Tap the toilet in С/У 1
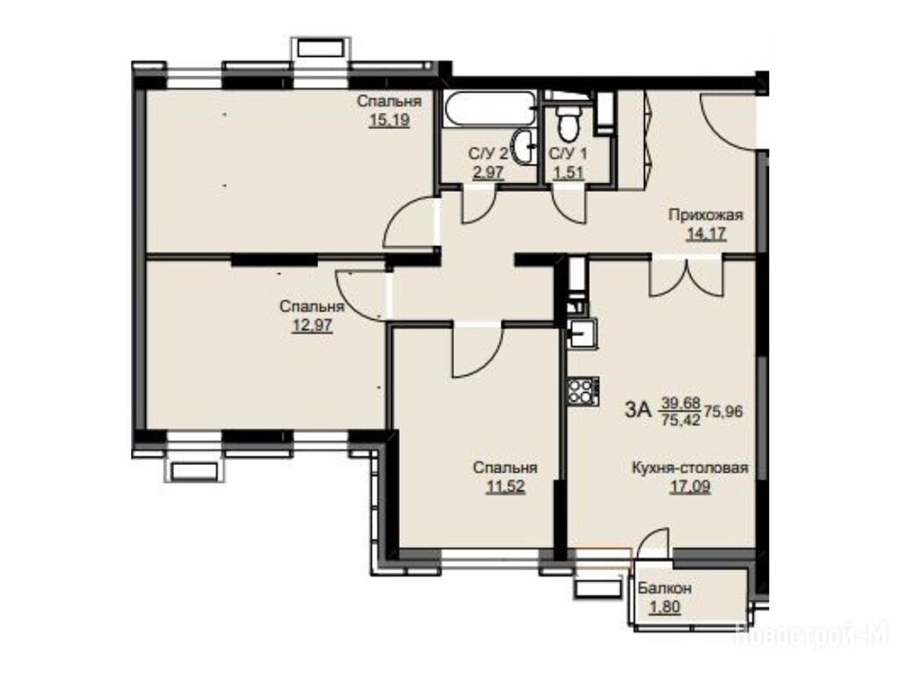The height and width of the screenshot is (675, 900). tap(569, 122)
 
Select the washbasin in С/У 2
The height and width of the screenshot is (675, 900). tap(525, 147)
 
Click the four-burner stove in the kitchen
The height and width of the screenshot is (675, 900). tap(584, 391)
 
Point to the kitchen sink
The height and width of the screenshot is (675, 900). tap(584, 333)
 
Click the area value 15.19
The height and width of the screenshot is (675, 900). tap(389, 120)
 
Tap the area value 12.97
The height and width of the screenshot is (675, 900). tap(312, 326)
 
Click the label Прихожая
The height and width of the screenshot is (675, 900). tap(706, 215)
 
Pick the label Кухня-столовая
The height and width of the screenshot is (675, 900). tap(690, 468)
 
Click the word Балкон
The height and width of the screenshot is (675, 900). tap(664, 588)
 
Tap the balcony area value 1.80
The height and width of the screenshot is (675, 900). tap(664, 606)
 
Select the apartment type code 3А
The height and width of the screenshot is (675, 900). tap(637, 410)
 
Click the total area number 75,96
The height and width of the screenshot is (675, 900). tap(724, 411)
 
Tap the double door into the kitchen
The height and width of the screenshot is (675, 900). tap(686, 279)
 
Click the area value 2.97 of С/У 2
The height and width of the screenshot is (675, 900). tap(488, 173)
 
